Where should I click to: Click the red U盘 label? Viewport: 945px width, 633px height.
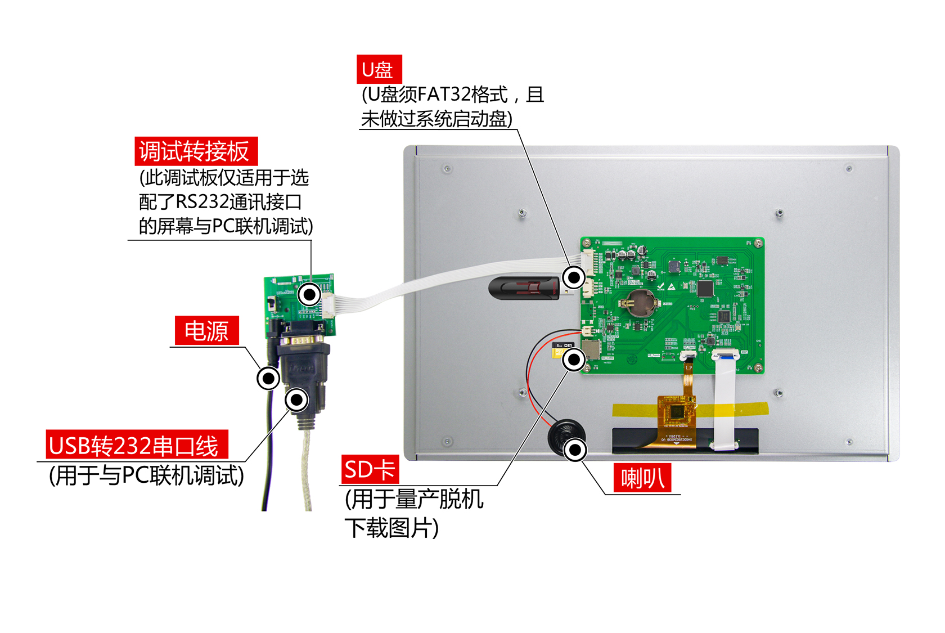point(379,69)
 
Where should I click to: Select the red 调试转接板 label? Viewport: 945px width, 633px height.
point(196,151)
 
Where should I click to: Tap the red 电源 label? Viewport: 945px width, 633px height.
point(207,330)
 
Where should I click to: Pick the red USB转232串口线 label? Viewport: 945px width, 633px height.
point(137,445)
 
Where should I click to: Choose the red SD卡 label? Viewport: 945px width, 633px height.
point(370,469)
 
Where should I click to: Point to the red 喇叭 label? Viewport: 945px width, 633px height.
point(642,478)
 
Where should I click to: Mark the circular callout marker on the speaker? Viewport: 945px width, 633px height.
point(575,450)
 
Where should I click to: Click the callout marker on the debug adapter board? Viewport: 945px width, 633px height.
point(309,295)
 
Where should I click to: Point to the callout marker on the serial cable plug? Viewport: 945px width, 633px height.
point(296,399)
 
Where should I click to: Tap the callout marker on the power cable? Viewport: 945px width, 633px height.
point(268,378)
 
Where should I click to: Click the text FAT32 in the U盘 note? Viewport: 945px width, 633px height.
point(444,94)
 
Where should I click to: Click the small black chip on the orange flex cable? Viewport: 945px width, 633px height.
point(677,411)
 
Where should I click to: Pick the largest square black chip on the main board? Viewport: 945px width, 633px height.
point(705,289)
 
